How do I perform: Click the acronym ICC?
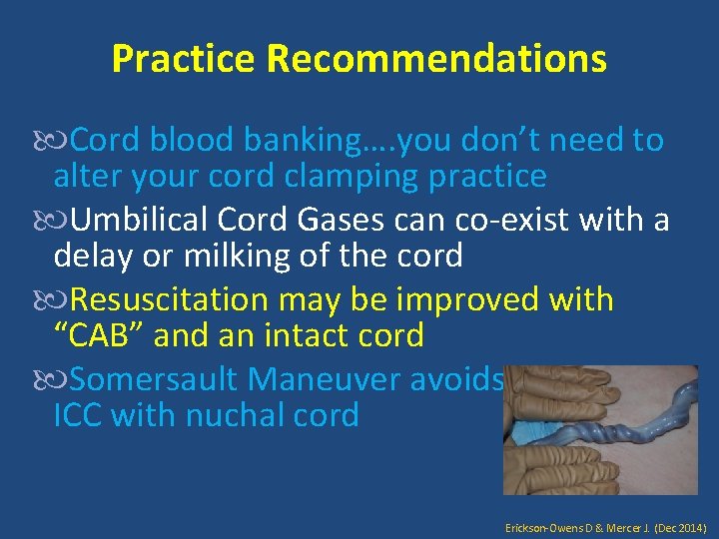(x=78, y=415)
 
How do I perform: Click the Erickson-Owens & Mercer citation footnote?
(x=606, y=524)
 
